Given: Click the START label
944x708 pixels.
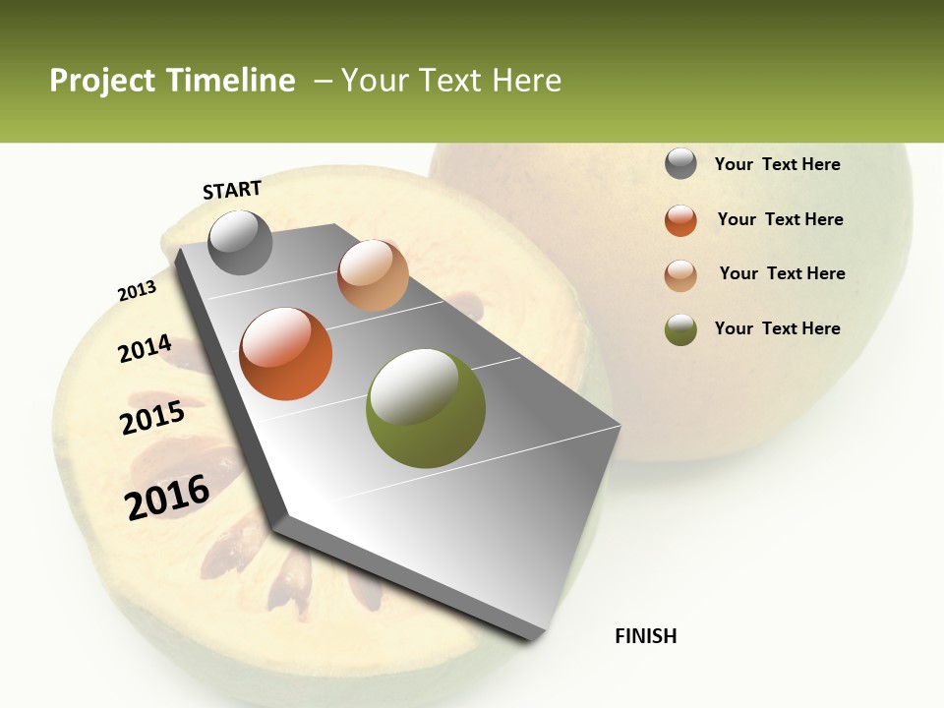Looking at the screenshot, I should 232,190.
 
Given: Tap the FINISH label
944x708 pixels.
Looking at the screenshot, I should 645,636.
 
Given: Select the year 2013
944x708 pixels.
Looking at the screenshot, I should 137,291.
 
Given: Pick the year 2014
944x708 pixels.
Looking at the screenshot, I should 145,349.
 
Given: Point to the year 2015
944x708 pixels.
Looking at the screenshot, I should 152,418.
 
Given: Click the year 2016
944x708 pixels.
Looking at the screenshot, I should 167,498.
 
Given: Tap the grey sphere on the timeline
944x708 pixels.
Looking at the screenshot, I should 240,242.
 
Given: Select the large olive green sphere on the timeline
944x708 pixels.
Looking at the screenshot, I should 425,408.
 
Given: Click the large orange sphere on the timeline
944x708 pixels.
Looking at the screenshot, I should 286,354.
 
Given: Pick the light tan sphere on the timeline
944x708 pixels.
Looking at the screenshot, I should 373,275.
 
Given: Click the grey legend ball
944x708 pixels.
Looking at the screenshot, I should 680,163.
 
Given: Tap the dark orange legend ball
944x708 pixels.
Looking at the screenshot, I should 680,220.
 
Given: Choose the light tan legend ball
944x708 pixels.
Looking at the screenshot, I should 680,275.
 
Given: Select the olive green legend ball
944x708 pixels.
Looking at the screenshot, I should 680,329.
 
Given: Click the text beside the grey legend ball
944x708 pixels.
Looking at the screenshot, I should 777,164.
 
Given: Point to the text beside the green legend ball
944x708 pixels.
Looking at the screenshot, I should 777,328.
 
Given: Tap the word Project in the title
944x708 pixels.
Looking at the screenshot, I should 102,81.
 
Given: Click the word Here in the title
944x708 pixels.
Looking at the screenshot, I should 526,81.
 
